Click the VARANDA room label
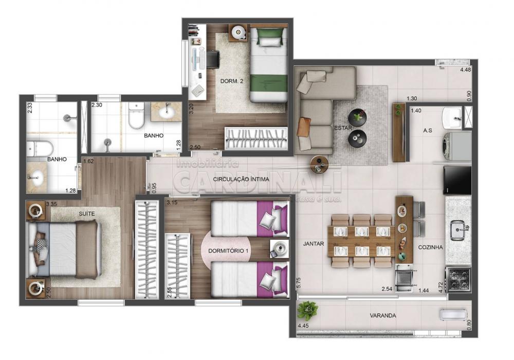click(x=383, y=315)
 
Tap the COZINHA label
click(x=430, y=247)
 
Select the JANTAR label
click(x=314, y=244)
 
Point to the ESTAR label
click(x=342, y=128)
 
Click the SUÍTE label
click(x=87, y=213)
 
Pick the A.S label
click(x=428, y=130)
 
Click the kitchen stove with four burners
click(x=458, y=279)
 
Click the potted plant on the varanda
click(x=307, y=311)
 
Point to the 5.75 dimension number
click(x=298, y=283)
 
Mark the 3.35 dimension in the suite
click(x=51, y=204)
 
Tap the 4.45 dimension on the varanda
click(x=303, y=326)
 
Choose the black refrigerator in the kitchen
click(x=457, y=179)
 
